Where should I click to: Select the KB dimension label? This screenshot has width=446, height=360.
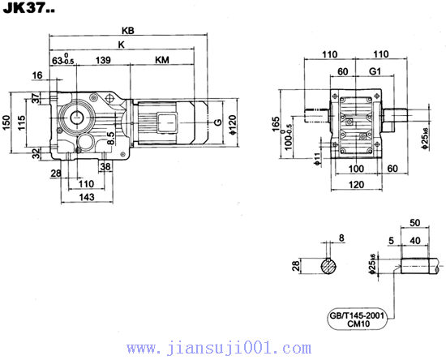[x=127, y=30]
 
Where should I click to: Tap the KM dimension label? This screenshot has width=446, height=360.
[x=162, y=61]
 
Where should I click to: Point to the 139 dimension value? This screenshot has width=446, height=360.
[x=103, y=61]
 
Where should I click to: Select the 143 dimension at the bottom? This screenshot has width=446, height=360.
[x=87, y=197]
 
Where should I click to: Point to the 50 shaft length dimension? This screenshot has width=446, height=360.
[x=415, y=221]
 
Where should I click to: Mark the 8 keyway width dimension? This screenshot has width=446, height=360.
[x=341, y=238]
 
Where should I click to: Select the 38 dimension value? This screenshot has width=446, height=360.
[x=106, y=166]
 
